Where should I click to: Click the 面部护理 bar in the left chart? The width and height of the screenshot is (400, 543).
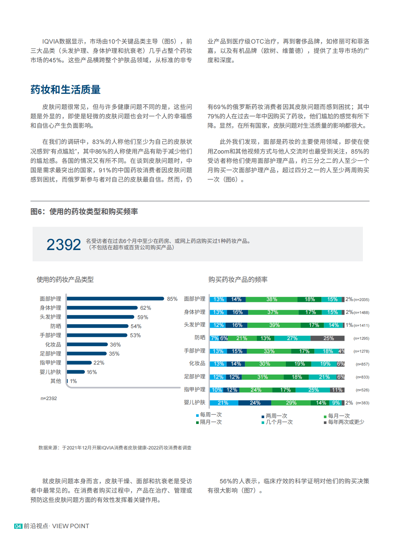(115, 299)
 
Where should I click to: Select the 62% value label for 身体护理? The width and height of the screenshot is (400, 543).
(145, 308)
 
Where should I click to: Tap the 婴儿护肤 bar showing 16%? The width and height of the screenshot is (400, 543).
(76, 372)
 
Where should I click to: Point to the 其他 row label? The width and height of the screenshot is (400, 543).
(55, 381)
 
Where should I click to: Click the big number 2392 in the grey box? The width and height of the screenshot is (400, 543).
(64, 245)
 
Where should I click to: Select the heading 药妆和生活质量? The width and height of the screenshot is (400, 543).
(65, 90)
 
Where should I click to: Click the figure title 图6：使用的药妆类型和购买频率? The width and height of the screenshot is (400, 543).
(84, 212)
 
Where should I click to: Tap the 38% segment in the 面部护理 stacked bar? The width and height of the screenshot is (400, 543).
(272, 299)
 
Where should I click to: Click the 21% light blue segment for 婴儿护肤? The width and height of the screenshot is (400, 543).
(223, 403)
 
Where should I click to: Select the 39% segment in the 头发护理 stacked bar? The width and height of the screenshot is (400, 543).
(274, 325)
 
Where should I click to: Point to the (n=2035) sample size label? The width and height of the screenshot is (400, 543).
(361, 300)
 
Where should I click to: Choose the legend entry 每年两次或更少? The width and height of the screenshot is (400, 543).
(345, 422)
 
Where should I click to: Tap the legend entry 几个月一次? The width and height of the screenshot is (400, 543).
(279, 422)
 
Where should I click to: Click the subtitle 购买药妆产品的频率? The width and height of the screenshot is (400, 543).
(238, 279)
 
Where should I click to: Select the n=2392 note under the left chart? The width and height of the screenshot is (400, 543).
(49, 398)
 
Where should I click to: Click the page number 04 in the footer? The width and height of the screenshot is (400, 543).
(18, 526)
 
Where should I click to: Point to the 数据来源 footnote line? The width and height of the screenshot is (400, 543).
(115, 448)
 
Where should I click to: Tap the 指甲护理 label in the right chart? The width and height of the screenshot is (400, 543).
(195, 389)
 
